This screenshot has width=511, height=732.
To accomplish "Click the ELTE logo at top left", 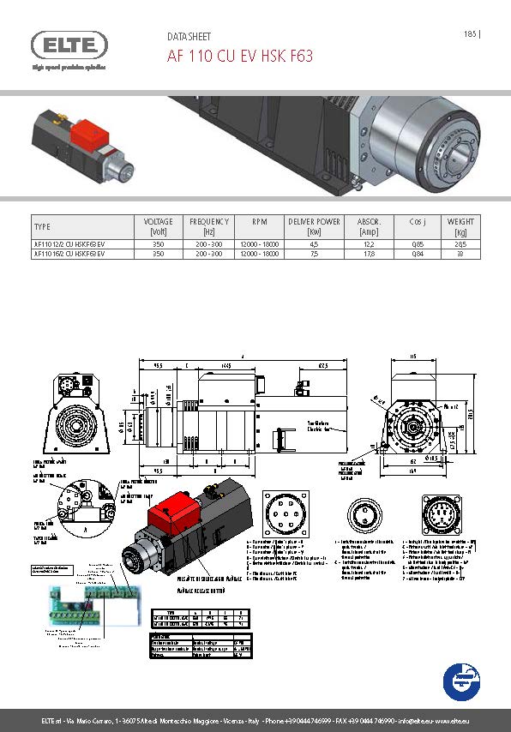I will coord(69,45).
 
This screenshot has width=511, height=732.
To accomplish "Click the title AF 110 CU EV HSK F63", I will coord(239,57).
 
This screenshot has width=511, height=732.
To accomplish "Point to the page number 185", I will coord(470,34).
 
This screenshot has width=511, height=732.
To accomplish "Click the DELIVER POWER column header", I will coord(314,226).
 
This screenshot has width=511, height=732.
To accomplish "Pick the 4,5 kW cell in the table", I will coord(314,244).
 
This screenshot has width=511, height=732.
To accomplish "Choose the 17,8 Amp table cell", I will coord(369,254).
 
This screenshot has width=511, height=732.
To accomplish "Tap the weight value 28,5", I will coord(460,244).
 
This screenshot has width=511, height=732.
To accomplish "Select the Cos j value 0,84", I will coord(418,254).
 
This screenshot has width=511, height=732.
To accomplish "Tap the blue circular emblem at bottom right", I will coord(461,681).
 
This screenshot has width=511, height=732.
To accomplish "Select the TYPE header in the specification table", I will coord(42,226).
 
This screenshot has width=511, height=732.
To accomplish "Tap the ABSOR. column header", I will coord(369,226).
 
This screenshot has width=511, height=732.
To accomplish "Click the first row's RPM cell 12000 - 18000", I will coord(259,244).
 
